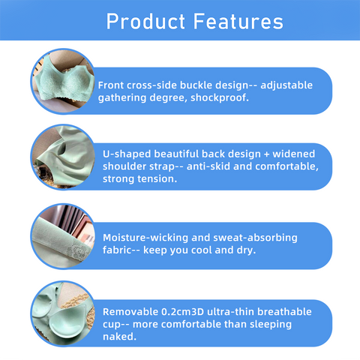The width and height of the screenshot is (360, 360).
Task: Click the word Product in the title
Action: pos(145,22)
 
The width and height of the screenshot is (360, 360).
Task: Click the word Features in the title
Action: pos(238,22)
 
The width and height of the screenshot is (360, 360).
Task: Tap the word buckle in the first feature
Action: pos(196,85)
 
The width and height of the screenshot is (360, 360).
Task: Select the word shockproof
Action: pos(220,97)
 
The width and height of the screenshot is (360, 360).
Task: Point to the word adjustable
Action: pos(286,85)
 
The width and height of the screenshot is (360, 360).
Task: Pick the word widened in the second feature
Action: pos(294,154)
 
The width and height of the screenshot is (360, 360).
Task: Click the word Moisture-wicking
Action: pos(145,238)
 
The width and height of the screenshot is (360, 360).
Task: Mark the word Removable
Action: pos(130,312)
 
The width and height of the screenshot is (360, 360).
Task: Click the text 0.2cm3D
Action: pos(183,312)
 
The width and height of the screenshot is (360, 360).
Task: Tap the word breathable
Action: pos(284,312)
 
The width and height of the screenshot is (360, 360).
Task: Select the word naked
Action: pos(119,337)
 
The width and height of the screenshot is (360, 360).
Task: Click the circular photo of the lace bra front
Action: pos(63,81)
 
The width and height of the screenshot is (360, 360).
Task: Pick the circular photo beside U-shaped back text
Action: pos(63,157)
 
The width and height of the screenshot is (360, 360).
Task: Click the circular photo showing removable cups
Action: pos(63,313)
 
